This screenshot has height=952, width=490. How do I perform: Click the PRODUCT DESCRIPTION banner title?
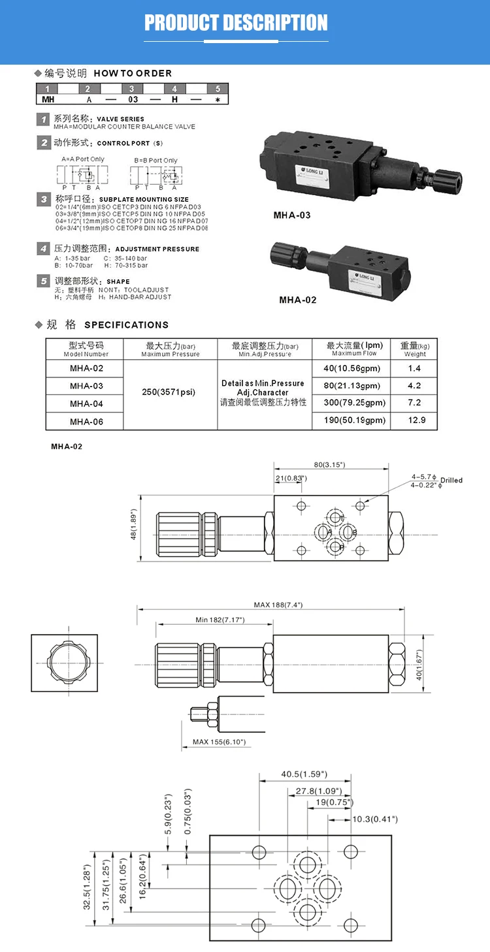pos(236,23)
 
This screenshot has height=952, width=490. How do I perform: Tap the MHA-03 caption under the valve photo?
pos(291,215)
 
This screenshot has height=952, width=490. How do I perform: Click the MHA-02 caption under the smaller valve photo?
pos(297,300)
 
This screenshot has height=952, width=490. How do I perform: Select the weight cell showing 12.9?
pos(414,420)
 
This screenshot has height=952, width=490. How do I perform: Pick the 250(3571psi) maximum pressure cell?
pos(169,392)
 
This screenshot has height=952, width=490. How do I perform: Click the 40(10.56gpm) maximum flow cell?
pos(351,368)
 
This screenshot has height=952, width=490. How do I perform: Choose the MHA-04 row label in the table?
pos(86,404)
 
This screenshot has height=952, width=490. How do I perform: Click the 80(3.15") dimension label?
pos(330,465)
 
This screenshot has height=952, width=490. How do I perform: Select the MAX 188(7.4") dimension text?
pos(278,605)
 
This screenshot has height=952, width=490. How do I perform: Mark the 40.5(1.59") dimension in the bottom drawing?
pos(304,774)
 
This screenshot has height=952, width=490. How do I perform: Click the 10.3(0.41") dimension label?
pos(375,819)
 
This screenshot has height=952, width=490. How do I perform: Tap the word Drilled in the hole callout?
pos(451,481)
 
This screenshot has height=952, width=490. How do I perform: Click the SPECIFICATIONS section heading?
pos(126,325)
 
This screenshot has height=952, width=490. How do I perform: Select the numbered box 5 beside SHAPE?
pos(43,281)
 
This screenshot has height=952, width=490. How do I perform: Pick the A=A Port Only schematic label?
pos(82,159)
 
